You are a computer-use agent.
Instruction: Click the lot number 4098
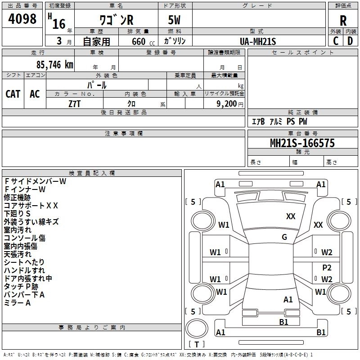click(x=22, y=19)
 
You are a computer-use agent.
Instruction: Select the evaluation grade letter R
click(x=343, y=21)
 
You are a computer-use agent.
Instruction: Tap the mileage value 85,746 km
click(x=54, y=65)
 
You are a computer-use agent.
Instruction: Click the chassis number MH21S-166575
click(x=302, y=143)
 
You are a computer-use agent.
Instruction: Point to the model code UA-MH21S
click(x=258, y=41)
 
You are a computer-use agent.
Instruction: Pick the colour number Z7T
click(x=74, y=104)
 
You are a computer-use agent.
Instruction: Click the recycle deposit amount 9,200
click(x=226, y=104)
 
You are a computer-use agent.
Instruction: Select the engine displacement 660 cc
click(x=143, y=42)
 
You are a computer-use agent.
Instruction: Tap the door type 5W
click(x=174, y=20)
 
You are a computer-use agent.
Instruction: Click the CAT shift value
click(x=13, y=94)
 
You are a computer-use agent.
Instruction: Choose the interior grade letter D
click(x=350, y=41)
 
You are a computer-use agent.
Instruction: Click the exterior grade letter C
click(x=336, y=41)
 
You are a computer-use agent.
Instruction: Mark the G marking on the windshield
click(x=284, y=237)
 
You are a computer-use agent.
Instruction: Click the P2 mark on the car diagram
click(x=327, y=267)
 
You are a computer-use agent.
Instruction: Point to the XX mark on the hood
click(x=291, y=216)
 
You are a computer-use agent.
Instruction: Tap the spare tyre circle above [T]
click(x=197, y=328)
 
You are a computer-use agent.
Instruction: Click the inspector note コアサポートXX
click(x=31, y=206)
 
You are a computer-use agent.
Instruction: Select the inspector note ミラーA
click(x=17, y=303)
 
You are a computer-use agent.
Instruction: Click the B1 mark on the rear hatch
click(x=283, y=322)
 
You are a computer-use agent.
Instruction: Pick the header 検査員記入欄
click(x=92, y=173)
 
